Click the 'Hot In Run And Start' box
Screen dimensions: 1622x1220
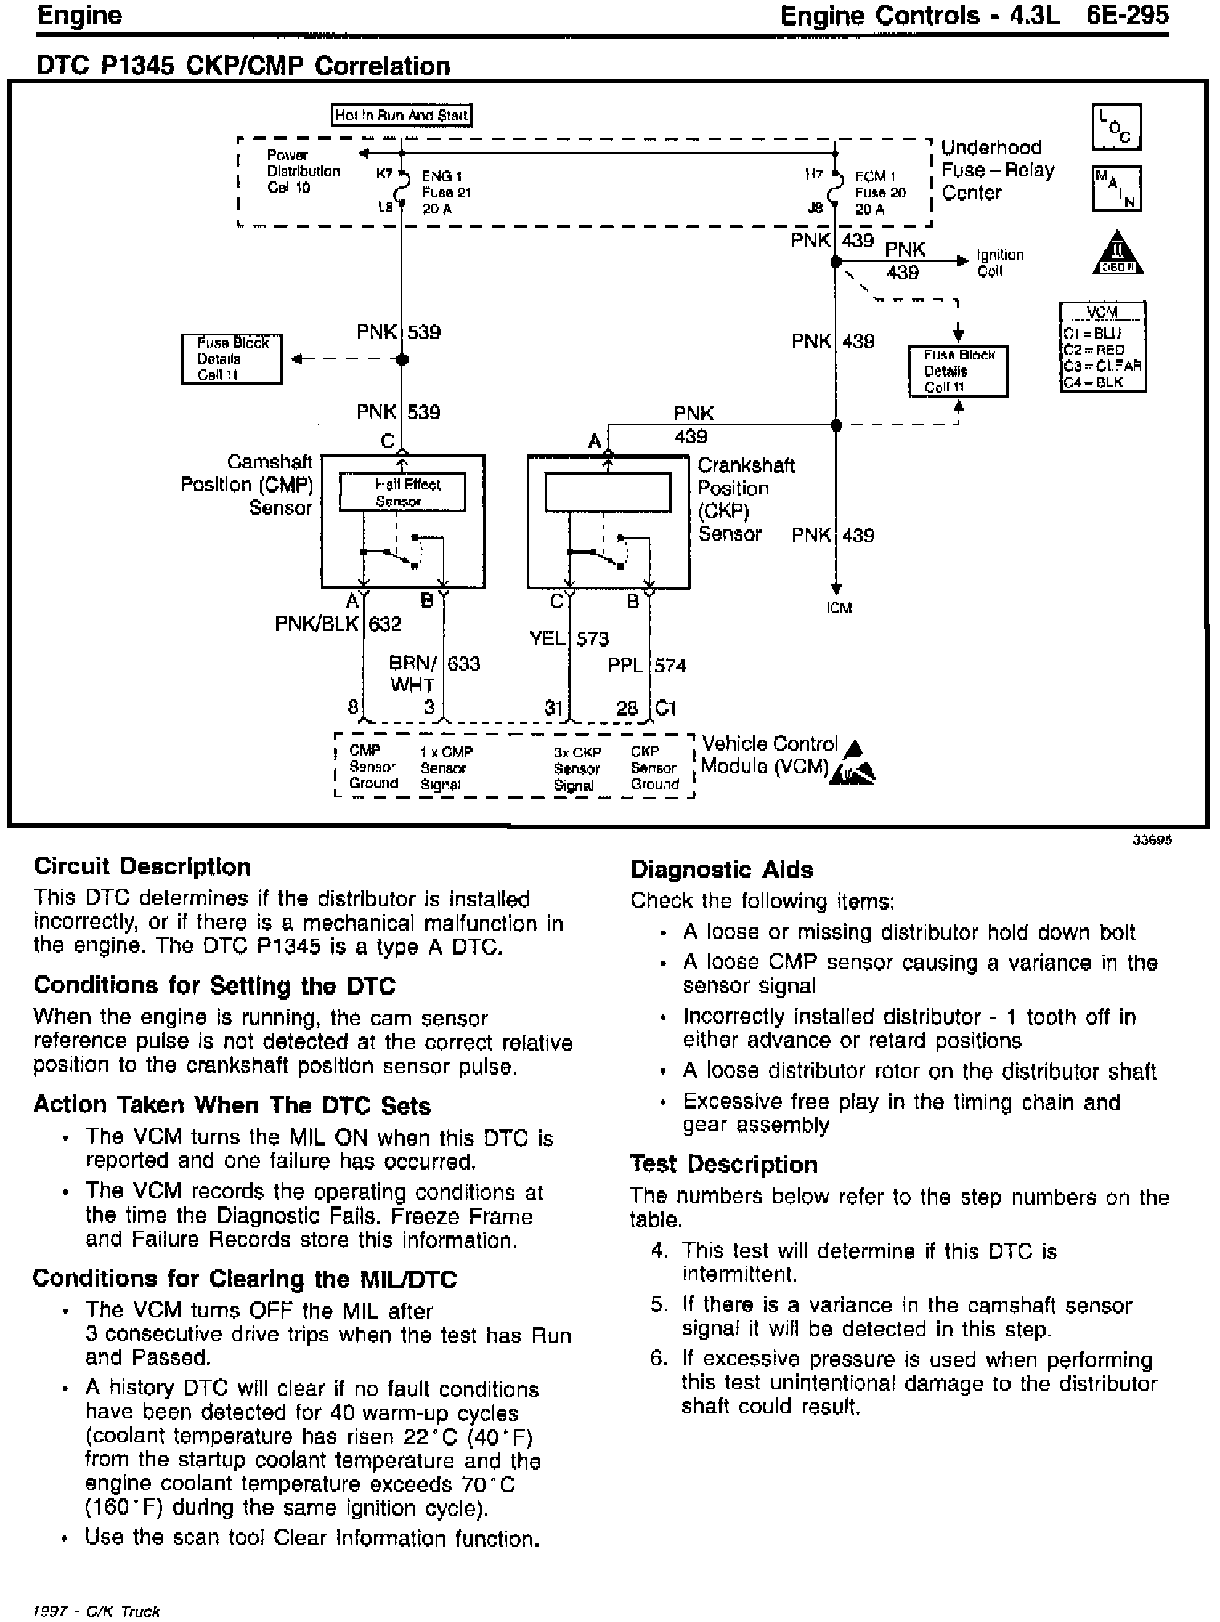[x=401, y=115]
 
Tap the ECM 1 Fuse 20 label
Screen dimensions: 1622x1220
[x=880, y=193]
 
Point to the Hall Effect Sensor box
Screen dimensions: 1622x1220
[x=402, y=493]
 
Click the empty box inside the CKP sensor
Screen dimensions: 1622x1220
[x=608, y=493]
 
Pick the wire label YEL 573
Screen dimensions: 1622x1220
[x=569, y=639]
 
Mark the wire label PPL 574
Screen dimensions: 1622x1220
[x=647, y=665]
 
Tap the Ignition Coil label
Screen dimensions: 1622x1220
[x=999, y=262]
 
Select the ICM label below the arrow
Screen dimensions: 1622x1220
[x=839, y=607]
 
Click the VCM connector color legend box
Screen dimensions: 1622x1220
[x=1102, y=347]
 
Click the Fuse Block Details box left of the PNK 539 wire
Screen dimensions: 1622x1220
[x=232, y=359]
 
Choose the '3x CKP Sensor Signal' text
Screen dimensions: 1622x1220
[x=576, y=768]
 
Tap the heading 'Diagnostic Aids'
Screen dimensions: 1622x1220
[x=722, y=870]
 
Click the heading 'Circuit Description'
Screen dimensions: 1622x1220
[x=142, y=867]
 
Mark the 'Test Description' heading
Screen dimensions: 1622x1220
[x=723, y=1164]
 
